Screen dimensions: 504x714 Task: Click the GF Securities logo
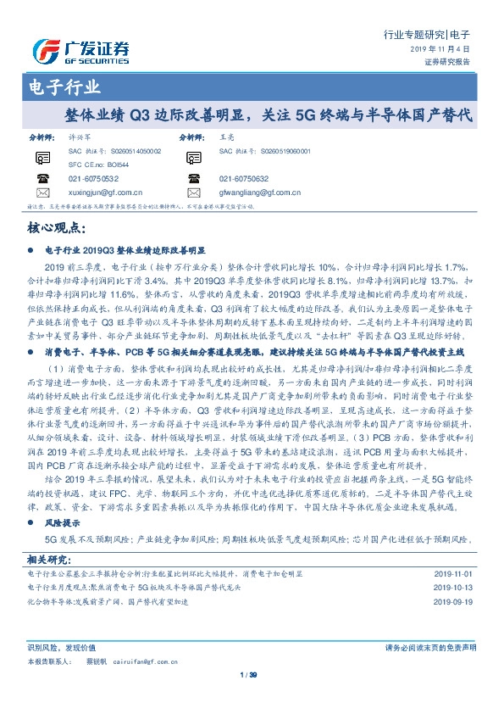[80, 53]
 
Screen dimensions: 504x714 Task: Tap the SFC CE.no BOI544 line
[99, 164]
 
